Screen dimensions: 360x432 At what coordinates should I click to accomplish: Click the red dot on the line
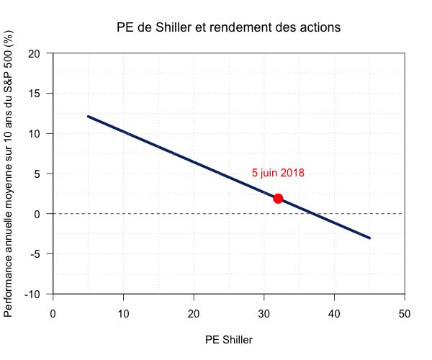click(x=278, y=198)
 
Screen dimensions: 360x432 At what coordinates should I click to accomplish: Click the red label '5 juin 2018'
click(x=278, y=173)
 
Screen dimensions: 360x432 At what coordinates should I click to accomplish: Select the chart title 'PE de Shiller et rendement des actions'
click(x=228, y=28)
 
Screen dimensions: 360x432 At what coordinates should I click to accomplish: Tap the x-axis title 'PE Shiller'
click(x=228, y=339)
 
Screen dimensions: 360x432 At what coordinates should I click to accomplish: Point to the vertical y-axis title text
click(x=9, y=174)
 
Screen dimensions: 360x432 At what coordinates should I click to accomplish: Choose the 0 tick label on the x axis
click(x=53, y=314)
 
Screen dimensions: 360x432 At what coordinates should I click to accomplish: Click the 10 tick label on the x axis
click(x=123, y=314)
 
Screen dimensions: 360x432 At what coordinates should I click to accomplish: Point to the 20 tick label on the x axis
click(x=194, y=314)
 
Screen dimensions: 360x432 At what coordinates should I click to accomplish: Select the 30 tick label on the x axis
click(x=264, y=314)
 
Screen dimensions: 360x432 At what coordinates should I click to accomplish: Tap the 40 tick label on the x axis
click(x=334, y=314)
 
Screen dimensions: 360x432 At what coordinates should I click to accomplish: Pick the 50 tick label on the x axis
click(x=405, y=314)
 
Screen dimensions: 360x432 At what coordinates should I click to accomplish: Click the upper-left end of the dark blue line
click(x=88, y=116)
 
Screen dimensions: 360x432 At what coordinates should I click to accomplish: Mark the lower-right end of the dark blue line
click(x=369, y=238)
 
